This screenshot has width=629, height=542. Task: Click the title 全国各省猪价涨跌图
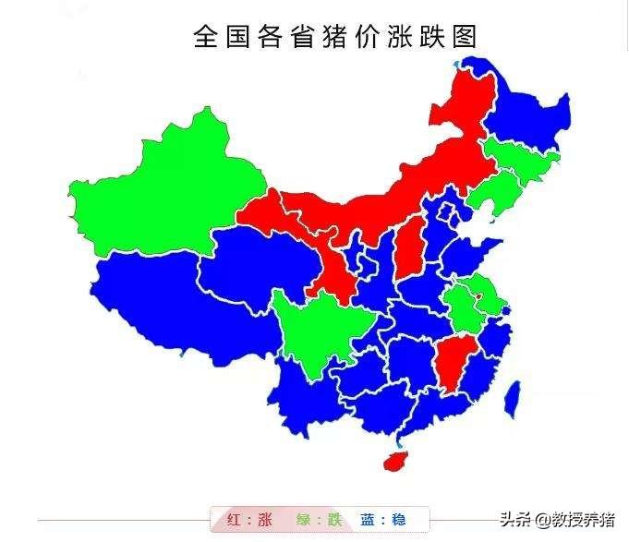335,36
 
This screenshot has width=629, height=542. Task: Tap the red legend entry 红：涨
248,520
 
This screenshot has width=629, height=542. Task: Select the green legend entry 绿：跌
319,520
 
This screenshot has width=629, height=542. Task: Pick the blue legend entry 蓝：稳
383,520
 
